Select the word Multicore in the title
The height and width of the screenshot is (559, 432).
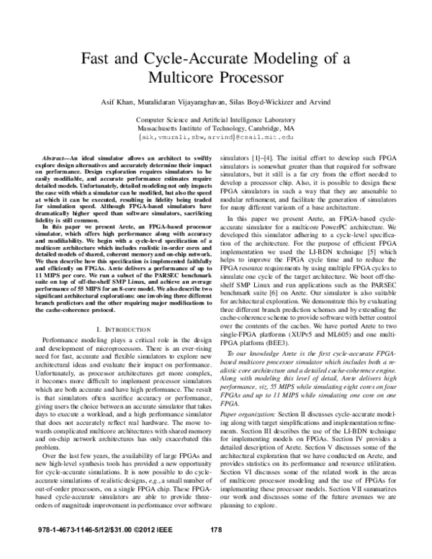185,76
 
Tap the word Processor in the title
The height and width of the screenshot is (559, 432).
251,76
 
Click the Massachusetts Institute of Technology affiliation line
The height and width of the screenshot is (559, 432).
216,126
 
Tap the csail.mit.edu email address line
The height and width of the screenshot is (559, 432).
216,135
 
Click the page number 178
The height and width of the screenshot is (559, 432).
215,550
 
